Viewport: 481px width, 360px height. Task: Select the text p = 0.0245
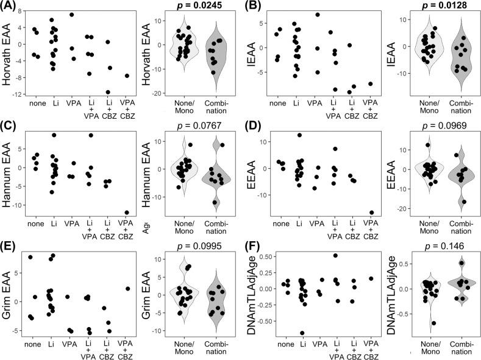[190, 6]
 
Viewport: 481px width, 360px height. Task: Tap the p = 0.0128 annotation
[429, 6]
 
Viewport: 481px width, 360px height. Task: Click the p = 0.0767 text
[190, 125]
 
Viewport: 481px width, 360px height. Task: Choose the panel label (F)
[251, 244]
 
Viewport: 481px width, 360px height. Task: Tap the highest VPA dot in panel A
[71, 15]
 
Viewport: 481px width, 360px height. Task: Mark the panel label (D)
[251, 125]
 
